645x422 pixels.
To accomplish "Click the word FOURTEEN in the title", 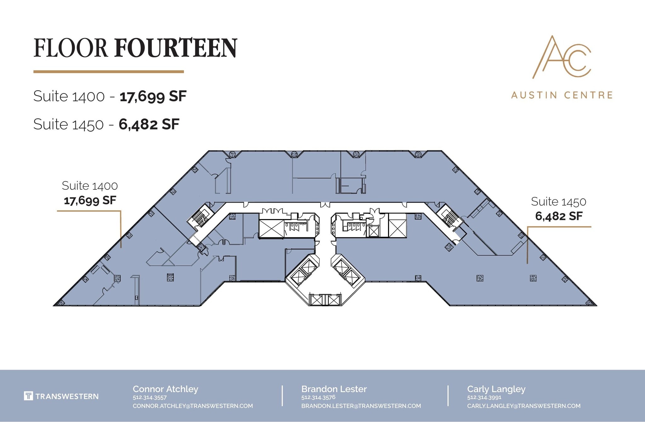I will click(x=176, y=48).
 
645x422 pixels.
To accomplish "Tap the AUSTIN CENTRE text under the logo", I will click(x=562, y=95).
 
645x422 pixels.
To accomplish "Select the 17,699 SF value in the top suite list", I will click(x=153, y=96).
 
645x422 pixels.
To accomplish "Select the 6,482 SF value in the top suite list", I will click(x=149, y=124).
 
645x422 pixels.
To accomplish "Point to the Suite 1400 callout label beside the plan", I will click(x=90, y=186).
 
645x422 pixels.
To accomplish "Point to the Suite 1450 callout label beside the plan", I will click(x=558, y=202).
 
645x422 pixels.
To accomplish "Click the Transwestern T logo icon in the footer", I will click(x=28, y=396).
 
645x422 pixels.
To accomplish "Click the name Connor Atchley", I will click(x=165, y=389).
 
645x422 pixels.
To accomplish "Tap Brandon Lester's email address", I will click(x=361, y=406).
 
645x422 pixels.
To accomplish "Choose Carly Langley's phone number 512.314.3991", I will click(x=484, y=397).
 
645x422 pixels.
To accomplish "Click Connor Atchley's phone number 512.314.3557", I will click(x=150, y=397).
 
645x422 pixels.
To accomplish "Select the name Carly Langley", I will click(x=496, y=389).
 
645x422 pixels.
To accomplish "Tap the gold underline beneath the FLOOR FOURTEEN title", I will click(x=109, y=72).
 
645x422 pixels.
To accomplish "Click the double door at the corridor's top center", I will click(x=325, y=205).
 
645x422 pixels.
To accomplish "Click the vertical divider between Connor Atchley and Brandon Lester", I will click(x=282, y=396).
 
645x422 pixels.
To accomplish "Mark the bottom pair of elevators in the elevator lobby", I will click(x=325, y=299).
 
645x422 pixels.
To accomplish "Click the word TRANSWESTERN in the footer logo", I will click(x=67, y=396).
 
